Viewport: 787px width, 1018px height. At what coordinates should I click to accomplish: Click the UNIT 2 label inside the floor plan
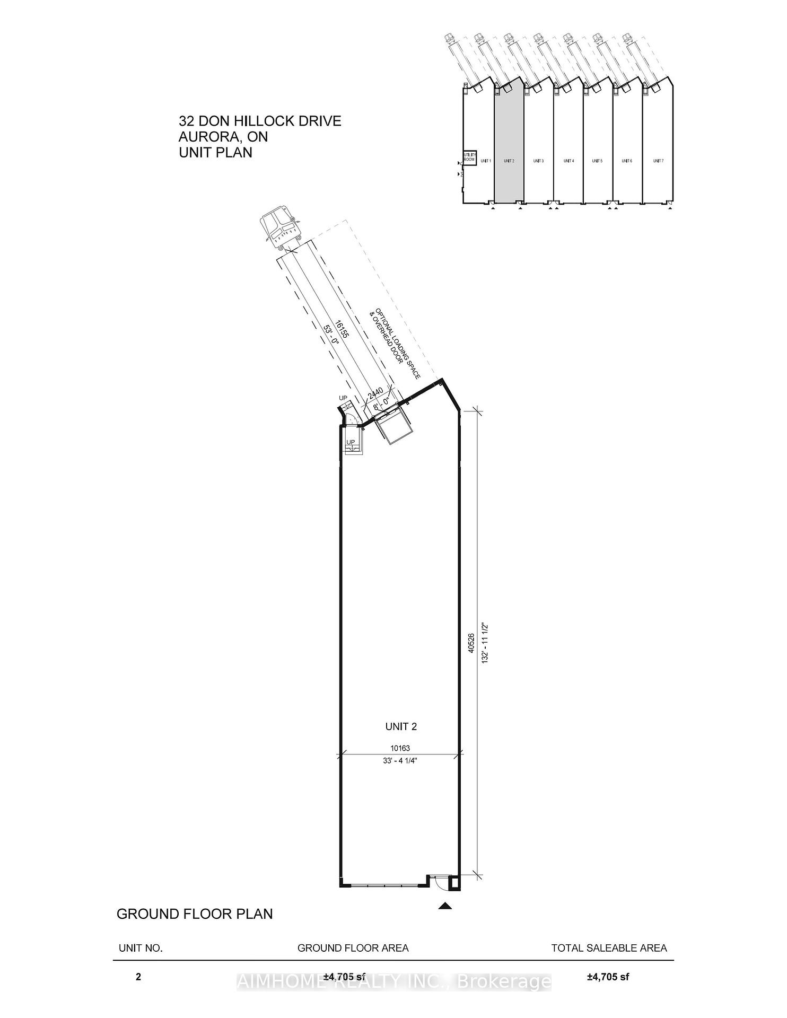401,726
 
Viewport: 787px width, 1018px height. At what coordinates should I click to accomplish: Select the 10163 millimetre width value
401,748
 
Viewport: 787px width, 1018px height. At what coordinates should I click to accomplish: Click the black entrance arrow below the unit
445,906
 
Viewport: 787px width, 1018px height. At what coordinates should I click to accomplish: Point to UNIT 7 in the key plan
658,161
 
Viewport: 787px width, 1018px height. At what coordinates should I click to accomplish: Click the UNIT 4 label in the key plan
569,161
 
